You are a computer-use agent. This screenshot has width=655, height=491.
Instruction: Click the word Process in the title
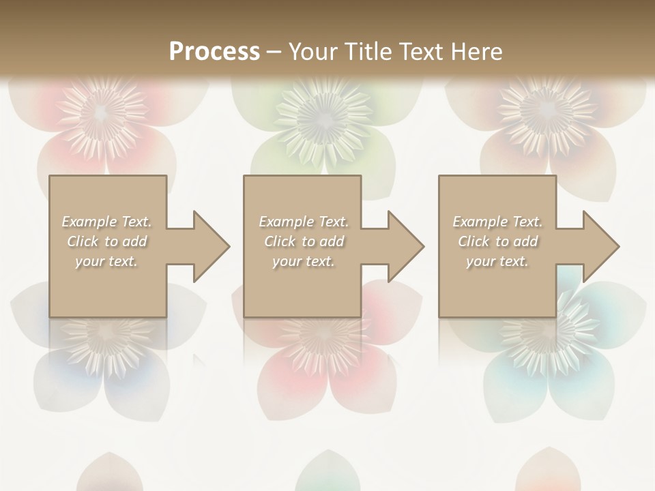coord(214,51)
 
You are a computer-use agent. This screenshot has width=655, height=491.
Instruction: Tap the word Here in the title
coord(475,51)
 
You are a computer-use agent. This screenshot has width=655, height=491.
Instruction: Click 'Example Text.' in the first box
coord(107,222)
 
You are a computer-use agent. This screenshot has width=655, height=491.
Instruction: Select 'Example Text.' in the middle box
coord(304,222)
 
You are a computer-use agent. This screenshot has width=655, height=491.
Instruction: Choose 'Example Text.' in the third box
coord(497,222)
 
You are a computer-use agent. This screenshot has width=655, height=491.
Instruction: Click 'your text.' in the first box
coord(107,261)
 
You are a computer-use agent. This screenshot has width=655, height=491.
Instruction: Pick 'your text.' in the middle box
coord(304,261)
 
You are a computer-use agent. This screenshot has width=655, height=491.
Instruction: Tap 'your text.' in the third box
coord(497,261)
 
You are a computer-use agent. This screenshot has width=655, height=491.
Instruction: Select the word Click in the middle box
coord(280,241)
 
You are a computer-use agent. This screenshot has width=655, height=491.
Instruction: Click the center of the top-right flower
coord(546,109)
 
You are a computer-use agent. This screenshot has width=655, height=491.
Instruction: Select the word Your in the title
coord(311,51)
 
